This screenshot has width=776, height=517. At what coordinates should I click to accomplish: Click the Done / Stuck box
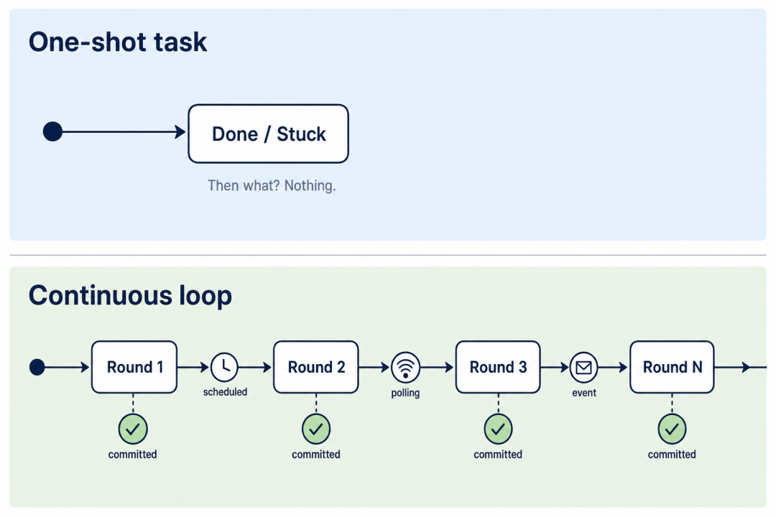click(x=268, y=134)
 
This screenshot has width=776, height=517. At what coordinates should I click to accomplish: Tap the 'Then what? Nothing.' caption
click(x=271, y=185)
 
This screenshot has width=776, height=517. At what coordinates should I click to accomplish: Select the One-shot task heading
click(x=118, y=42)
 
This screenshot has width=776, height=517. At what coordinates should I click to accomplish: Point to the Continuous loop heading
click(x=130, y=295)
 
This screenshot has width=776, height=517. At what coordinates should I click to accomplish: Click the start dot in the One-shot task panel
click(x=52, y=131)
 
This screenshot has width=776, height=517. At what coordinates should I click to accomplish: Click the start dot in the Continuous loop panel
click(x=37, y=367)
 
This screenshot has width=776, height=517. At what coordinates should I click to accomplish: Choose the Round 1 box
click(x=134, y=367)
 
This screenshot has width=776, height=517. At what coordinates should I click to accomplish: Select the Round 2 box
click(x=316, y=367)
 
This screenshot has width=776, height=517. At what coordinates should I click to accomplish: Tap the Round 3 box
click(x=498, y=367)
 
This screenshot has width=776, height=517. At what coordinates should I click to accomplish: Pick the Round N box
click(x=672, y=367)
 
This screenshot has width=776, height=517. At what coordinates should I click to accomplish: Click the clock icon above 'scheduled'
click(x=224, y=367)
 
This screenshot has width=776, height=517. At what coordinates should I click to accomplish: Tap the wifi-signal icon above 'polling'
click(x=405, y=368)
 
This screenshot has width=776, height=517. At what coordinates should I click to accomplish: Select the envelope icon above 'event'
click(x=584, y=368)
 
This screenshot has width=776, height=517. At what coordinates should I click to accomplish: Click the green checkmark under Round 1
click(x=133, y=429)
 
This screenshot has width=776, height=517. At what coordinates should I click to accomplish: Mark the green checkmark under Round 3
click(x=498, y=429)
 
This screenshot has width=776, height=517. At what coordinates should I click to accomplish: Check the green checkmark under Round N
click(x=672, y=429)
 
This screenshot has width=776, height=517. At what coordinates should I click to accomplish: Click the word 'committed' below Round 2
click(x=315, y=454)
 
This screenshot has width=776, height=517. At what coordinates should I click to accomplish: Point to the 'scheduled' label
click(x=225, y=392)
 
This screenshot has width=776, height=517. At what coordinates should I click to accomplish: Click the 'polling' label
click(x=405, y=393)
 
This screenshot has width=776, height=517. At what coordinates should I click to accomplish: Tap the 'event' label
click(x=584, y=393)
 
